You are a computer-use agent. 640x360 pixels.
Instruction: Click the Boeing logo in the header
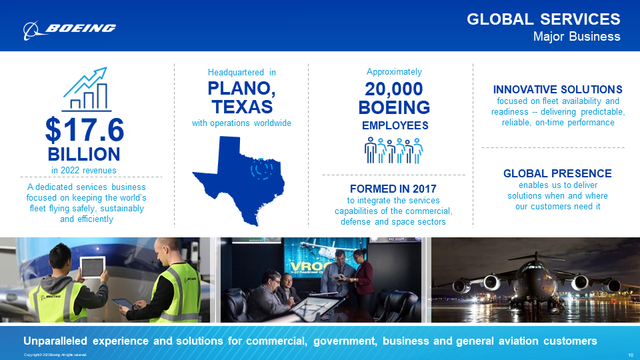coord(69,28)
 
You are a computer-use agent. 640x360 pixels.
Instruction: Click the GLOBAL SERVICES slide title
coord(543,19)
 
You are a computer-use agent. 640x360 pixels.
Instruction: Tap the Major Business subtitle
coord(577,37)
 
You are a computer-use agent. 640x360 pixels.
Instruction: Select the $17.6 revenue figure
coord(85,130)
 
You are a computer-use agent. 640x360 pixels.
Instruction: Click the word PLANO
coord(241,89)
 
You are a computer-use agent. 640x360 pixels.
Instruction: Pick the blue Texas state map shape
coord(239,177)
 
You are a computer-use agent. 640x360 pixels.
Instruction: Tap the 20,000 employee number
coord(394,89)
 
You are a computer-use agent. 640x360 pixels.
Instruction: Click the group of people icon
coord(394,150)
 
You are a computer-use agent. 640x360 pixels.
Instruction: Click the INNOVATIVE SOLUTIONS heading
coord(557,89)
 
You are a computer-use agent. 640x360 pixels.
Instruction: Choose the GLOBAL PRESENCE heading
coord(557,173)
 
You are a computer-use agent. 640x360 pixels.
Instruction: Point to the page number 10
coord(631,354)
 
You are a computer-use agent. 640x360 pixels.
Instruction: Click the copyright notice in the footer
coord(55,354)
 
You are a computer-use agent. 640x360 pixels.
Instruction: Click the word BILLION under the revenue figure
coord(84,154)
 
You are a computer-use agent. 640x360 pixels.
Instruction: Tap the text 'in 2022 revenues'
coord(84,171)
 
